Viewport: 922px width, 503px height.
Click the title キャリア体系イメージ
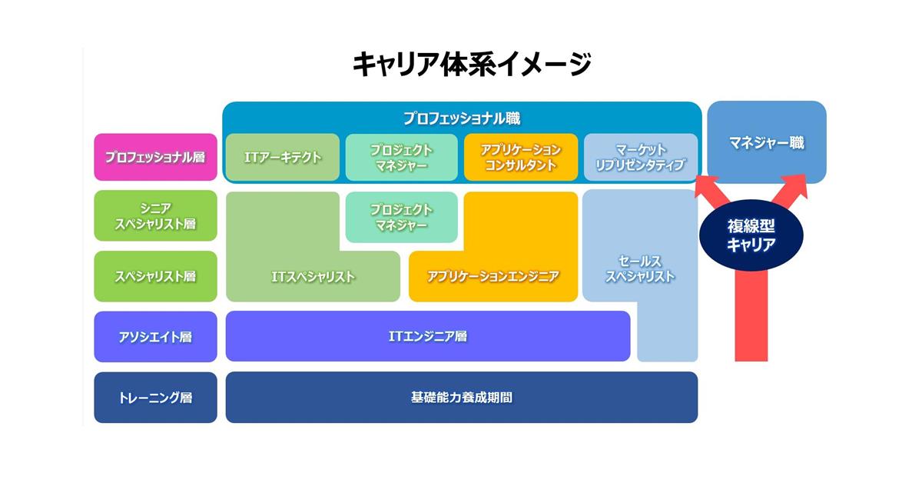click(472, 65)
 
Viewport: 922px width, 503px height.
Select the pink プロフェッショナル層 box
click(155, 157)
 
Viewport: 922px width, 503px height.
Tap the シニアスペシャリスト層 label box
click(155, 215)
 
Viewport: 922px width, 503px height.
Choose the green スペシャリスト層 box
click(155, 276)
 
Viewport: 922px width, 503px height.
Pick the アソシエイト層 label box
click(155, 337)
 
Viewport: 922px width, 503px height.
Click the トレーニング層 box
click(155, 398)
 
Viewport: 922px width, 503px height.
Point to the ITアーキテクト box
click(283, 157)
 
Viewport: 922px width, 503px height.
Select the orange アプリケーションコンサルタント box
click(521, 157)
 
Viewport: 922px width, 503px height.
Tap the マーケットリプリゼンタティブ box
click(641, 157)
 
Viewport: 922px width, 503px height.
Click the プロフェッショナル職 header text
click(462, 118)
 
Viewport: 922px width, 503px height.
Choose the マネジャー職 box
click(767, 142)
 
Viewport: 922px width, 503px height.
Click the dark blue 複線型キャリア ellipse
click(751, 235)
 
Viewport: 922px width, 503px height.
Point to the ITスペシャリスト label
click(313, 276)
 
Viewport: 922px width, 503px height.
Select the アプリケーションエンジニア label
click(493, 276)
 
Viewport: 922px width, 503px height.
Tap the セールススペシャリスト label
click(640, 268)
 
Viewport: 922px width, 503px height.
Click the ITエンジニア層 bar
click(428, 336)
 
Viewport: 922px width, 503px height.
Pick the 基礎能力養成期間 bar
click(462, 397)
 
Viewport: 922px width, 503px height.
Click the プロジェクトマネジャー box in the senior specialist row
click(402, 217)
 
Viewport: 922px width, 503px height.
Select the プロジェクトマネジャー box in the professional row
click(402, 157)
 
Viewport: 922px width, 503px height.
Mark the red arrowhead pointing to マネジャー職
click(795, 186)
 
